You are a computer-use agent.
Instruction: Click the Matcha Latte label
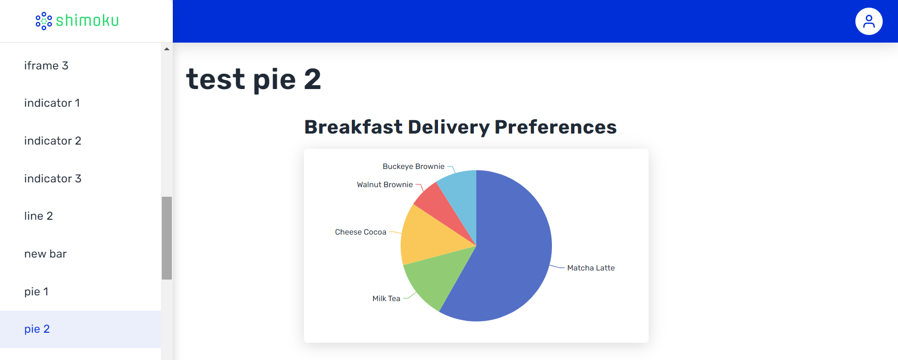(591, 268)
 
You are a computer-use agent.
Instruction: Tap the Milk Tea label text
(386, 299)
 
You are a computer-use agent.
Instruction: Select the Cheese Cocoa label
(360, 232)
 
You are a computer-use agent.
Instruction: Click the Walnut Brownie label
(385, 185)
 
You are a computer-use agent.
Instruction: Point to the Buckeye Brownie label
(414, 167)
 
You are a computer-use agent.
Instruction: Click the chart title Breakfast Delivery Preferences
(460, 127)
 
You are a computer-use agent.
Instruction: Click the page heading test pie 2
(254, 79)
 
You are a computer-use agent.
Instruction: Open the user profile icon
(869, 21)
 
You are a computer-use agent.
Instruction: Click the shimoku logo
(78, 21)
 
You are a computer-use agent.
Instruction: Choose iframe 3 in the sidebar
(46, 66)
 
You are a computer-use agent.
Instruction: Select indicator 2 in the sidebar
(53, 141)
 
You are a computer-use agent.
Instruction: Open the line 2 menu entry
(39, 216)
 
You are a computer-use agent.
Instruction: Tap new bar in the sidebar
(45, 254)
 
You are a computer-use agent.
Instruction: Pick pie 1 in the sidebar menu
(36, 292)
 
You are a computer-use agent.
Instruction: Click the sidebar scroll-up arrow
(167, 49)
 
